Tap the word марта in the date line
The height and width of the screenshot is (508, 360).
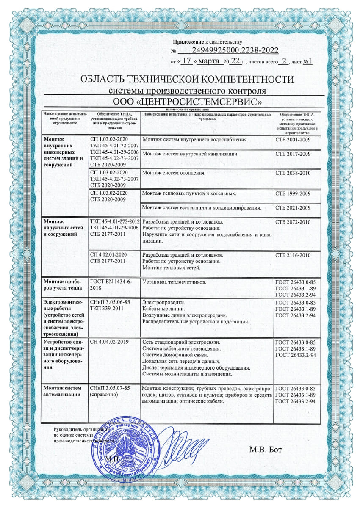click(x=210, y=61)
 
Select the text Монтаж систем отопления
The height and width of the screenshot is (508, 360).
click(x=174, y=173)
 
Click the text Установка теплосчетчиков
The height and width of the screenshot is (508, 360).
click(x=175, y=282)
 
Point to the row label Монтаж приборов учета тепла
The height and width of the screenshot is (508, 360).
click(x=62, y=284)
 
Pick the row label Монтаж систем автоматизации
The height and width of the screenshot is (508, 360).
click(x=62, y=391)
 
